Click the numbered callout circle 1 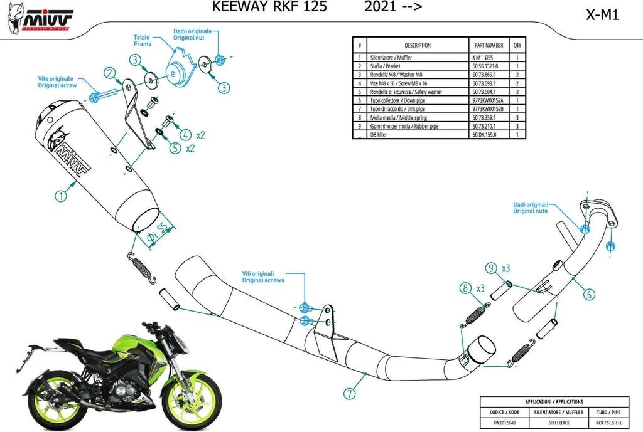coord(61,196)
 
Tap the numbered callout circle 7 coord(349,394)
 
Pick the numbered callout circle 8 coord(465,288)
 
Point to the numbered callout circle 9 coord(491,268)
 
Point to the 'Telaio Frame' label coord(142,40)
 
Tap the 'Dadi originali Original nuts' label coord(531,208)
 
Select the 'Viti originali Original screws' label coord(264,277)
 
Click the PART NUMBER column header coord(487,45)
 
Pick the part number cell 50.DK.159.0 coord(485,134)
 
